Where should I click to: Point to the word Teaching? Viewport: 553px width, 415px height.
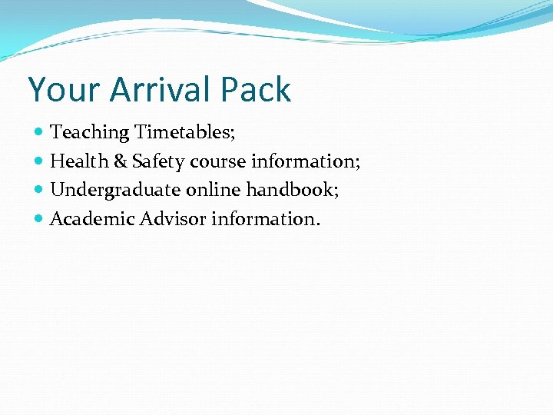(90, 132)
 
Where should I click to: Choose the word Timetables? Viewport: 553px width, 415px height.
(185, 132)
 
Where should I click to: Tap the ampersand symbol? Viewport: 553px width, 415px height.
(121, 161)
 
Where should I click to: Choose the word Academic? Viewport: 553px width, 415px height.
(92, 219)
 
